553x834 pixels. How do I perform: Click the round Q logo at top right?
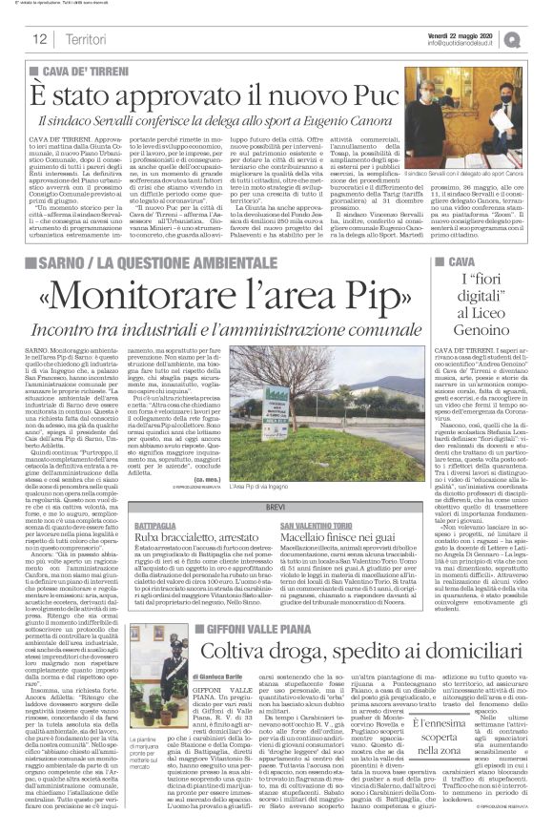pos(539,37)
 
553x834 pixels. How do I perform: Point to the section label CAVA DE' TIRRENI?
pos(81,73)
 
